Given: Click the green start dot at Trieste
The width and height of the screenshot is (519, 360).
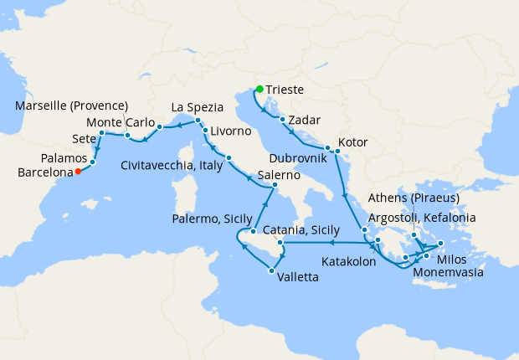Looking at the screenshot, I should pos(259,90).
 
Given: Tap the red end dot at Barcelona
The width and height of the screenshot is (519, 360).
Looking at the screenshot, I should pos(78,172).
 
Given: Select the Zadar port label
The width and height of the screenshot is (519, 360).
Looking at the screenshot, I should pos(305,121).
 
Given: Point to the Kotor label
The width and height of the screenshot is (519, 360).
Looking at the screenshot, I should pos(353,141).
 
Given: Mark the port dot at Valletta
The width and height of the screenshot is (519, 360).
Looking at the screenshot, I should pos(271,270).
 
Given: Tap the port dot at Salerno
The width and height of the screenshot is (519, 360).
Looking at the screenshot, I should pos(275,184).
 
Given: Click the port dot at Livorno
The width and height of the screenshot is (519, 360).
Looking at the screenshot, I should pos(205,131).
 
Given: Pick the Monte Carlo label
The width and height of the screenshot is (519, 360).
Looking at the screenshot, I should pos(115,122).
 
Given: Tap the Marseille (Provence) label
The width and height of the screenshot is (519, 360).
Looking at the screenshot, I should pos(72,105).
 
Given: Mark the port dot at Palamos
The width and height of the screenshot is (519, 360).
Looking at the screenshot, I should pos(93,162).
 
